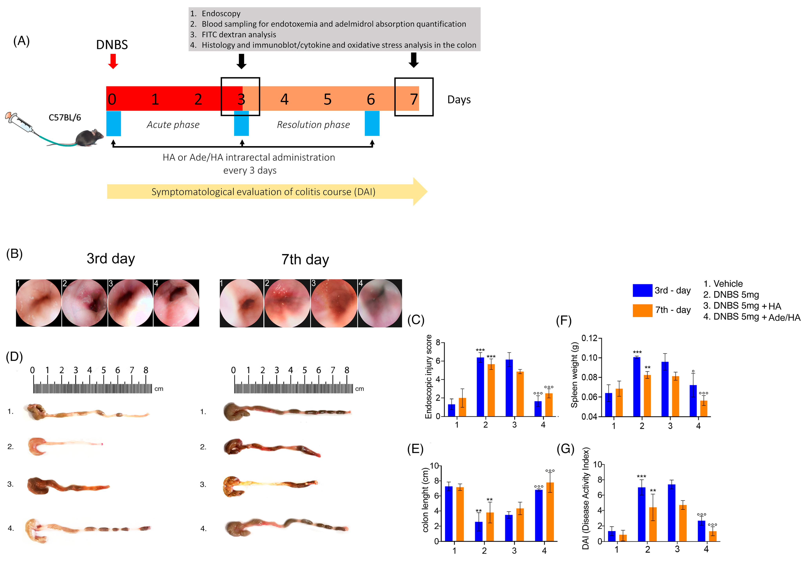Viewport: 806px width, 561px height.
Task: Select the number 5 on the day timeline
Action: [327, 100]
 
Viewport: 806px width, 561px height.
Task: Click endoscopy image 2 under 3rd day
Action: [85, 303]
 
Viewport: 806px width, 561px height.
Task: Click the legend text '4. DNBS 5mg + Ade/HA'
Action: [752, 317]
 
